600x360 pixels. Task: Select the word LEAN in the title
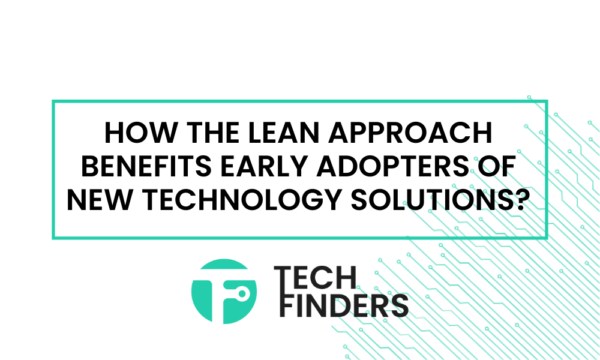pos(291,133)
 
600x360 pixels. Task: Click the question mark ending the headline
pos(514,200)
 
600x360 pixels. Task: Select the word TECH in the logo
pos(316,278)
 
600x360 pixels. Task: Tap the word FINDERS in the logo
pos(344,305)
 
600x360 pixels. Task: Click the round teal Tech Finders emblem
pos(224,292)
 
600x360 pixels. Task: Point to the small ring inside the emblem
pos(242,294)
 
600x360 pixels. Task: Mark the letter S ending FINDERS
pos(399,305)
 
